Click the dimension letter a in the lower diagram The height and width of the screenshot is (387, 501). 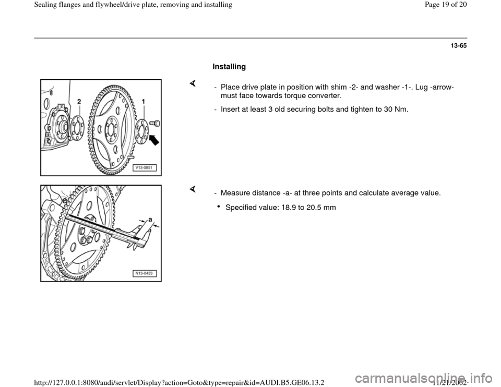click(x=150, y=221)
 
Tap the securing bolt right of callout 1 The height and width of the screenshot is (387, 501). click(x=154, y=124)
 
